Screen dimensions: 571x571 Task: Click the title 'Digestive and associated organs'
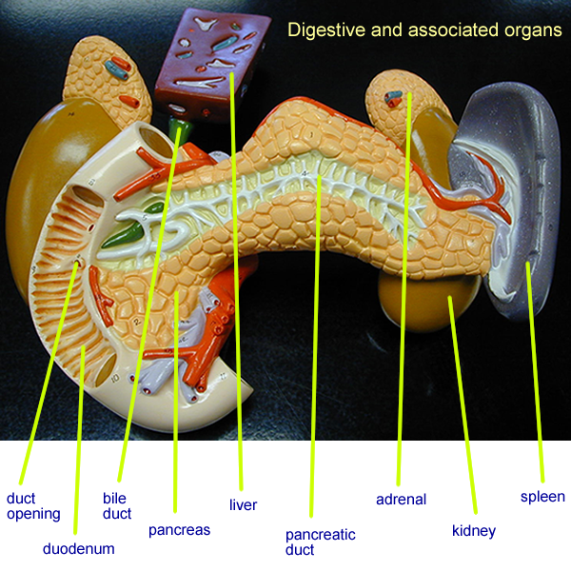click(424, 30)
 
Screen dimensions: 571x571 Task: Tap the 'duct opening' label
click(33, 505)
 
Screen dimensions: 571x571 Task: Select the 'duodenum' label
click(78, 548)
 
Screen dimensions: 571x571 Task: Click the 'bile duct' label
click(116, 505)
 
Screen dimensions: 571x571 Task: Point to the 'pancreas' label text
click(179, 529)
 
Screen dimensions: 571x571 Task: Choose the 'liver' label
click(243, 504)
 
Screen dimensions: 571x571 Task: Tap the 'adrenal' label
click(401, 499)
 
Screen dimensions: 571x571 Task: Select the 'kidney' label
click(473, 530)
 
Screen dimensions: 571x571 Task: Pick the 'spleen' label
click(542, 497)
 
